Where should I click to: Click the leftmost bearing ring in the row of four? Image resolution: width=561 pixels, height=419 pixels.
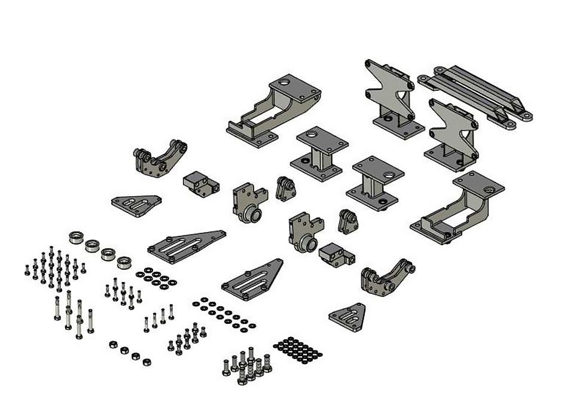77,236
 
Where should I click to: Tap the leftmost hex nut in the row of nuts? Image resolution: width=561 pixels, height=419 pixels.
111,344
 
